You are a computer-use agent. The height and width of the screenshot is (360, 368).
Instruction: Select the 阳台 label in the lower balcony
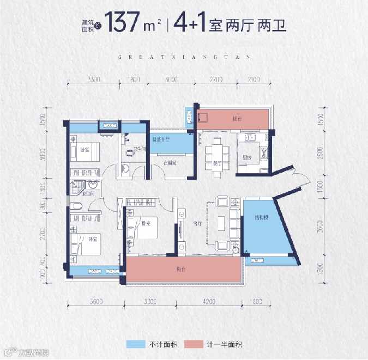(x=180, y=269)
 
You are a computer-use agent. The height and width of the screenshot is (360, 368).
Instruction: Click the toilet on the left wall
(x=76, y=205)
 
